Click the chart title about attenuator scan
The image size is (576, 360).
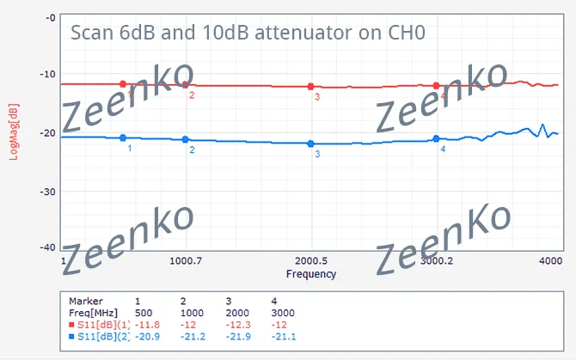(248, 34)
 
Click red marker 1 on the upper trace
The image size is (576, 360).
(123, 83)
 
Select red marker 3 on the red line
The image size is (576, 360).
(311, 87)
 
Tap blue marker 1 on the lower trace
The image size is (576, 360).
(123, 137)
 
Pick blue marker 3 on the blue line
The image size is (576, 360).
(311, 143)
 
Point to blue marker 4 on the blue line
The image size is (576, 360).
(437, 138)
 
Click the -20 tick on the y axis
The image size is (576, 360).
(49, 133)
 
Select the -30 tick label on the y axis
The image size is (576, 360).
(49, 191)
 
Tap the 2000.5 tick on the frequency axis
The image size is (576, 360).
(311, 260)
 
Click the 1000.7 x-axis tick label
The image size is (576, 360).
(186, 260)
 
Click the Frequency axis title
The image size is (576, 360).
(311, 274)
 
